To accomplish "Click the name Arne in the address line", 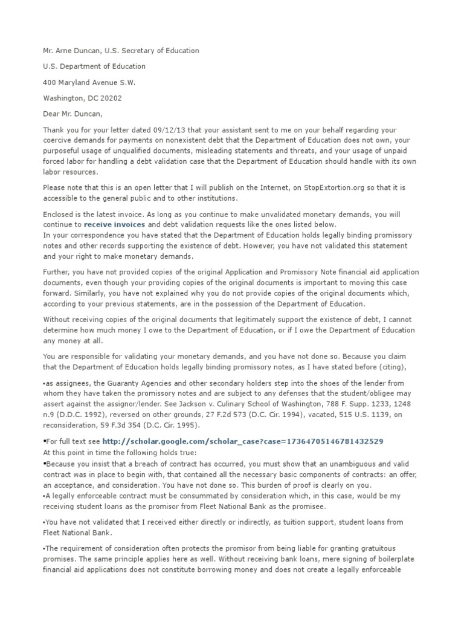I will tap(68, 51).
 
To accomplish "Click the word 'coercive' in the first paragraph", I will tap(59, 140).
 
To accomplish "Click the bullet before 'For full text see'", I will tap(45, 442).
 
